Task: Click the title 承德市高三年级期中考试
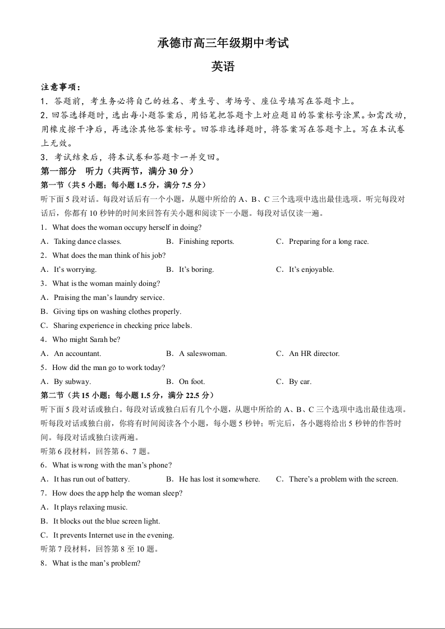click(x=223, y=43)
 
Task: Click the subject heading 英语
click(x=223, y=67)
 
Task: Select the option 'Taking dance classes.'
click(x=87, y=242)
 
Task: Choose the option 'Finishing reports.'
click(x=206, y=242)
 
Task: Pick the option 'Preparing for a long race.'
click(x=328, y=242)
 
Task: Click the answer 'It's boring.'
click(x=196, y=270)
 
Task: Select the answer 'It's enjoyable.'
click(x=311, y=270)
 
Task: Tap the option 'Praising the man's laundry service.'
click(x=108, y=298)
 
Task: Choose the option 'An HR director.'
click(x=314, y=354)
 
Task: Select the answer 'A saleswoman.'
click(x=203, y=354)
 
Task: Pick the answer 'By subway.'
click(x=72, y=382)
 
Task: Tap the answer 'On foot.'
click(x=192, y=382)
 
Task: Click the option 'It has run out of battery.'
click(x=91, y=479)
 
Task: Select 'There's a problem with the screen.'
click(x=343, y=479)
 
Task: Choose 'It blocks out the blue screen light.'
click(x=107, y=521)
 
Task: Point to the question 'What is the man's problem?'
click(x=95, y=563)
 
